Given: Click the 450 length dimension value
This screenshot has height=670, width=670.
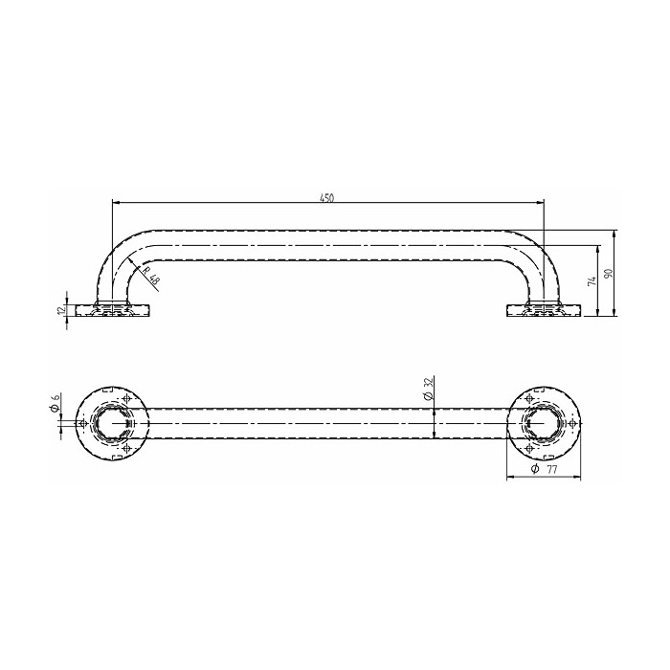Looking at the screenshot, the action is (327, 197).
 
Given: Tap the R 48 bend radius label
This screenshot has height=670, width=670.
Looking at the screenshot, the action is (150, 276).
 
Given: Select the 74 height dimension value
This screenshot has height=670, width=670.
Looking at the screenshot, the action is (592, 281).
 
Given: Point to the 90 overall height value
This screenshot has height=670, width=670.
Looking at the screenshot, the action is (609, 273).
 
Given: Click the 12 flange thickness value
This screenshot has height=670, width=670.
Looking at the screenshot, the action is (60, 309).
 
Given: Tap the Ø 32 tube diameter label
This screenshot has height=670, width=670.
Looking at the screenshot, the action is (429, 389).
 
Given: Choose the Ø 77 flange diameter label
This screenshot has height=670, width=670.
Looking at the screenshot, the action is (545, 469).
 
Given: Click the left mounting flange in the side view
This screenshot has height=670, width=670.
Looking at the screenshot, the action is (113, 310).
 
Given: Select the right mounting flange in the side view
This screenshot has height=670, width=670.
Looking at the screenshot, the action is (544, 310).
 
